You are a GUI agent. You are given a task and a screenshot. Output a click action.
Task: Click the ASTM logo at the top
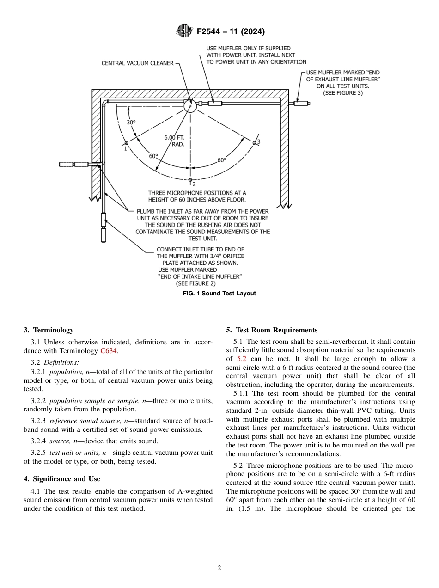click(x=184, y=31)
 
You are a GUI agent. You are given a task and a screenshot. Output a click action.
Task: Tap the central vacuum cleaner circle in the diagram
click(x=190, y=106)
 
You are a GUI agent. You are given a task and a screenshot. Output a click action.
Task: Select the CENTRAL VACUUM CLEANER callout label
click(x=137, y=63)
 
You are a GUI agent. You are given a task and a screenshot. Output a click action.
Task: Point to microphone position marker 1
click(x=126, y=143)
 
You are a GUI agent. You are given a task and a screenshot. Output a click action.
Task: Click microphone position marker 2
click(x=190, y=180)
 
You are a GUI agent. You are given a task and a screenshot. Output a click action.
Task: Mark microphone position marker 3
click(x=254, y=143)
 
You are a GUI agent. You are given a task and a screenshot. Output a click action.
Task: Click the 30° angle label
click(x=131, y=122)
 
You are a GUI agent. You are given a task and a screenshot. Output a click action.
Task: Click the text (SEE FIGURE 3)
click(x=342, y=92)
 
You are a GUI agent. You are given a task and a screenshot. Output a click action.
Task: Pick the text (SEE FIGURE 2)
click(x=195, y=283)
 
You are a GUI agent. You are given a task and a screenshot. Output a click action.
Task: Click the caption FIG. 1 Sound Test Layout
click(x=219, y=294)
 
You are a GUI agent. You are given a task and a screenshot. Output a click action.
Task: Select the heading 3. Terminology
click(x=49, y=330)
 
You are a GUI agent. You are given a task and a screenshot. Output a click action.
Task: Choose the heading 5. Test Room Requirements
click(x=272, y=330)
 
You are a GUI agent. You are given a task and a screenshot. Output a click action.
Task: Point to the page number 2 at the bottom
click(x=219, y=568)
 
